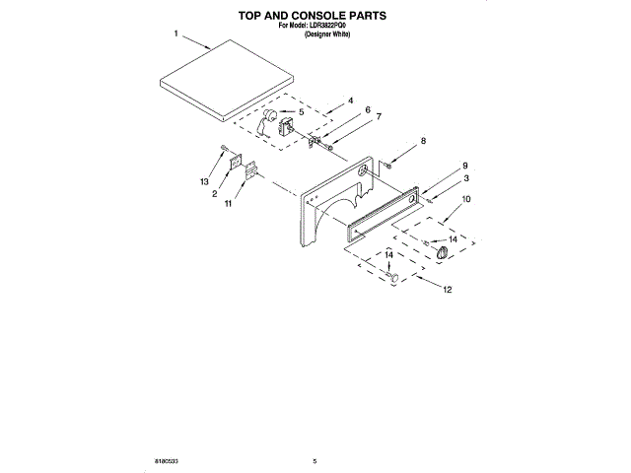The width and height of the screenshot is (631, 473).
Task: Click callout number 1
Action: click(175, 34)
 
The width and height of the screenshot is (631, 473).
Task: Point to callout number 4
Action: click(350, 101)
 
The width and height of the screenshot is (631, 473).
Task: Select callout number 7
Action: click(378, 116)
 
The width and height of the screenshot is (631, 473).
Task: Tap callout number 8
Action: click(424, 142)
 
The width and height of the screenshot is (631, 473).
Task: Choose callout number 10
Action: click(466, 200)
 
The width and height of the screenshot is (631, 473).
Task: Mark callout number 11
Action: click(228, 204)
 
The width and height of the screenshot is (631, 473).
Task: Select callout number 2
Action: click(213, 194)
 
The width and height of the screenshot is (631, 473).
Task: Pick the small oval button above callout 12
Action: click(393, 278)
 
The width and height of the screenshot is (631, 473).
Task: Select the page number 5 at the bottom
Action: click(314, 461)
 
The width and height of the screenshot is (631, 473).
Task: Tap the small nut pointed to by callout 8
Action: click(390, 164)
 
